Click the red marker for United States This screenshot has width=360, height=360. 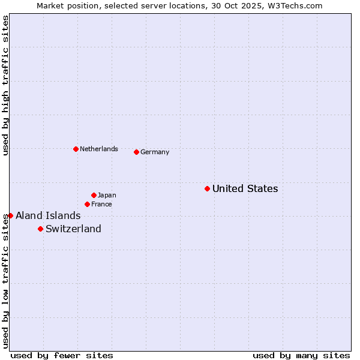coord(207,188)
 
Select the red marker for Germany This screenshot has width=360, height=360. coord(136,152)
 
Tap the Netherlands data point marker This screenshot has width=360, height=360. coord(76,149)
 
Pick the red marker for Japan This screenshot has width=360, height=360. coord(94,195)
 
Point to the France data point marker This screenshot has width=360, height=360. coord(87,204)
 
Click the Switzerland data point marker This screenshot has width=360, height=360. coord(40,229)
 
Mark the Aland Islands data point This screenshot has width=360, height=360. coord(10,215)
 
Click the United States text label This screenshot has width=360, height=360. coord(245,188)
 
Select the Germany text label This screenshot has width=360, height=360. coord(155,152)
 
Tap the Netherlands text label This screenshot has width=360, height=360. coord(98,149)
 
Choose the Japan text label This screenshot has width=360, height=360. coord(107,195)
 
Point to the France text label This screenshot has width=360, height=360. coord(101,204)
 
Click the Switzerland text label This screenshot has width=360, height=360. coord(73,229)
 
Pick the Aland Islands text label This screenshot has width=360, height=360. coord(48,215)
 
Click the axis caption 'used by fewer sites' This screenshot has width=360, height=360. coord(62,355)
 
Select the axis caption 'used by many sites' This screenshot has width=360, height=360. coord(301,355)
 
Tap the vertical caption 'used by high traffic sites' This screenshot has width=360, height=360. coord(5,85)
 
